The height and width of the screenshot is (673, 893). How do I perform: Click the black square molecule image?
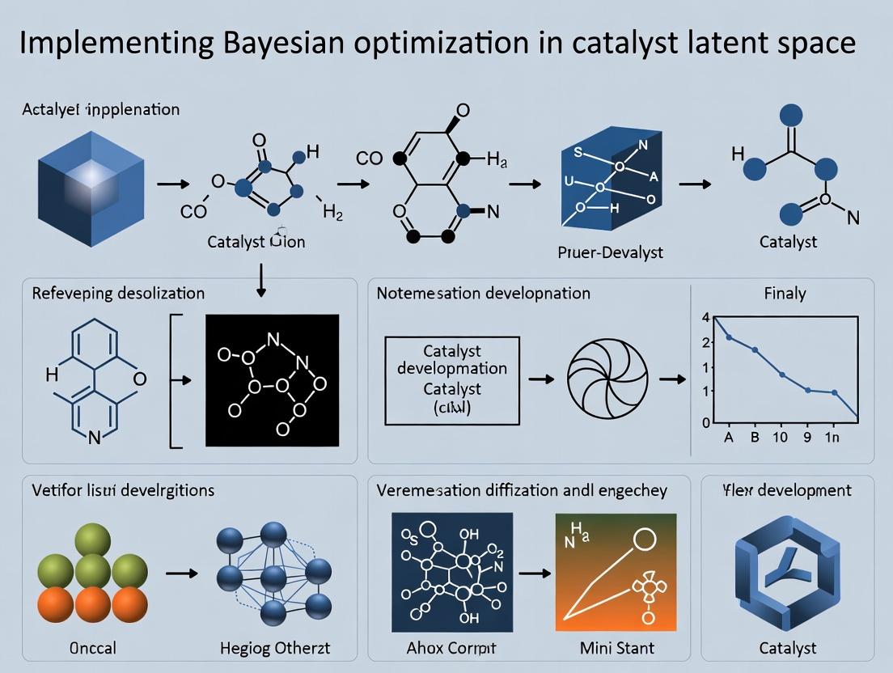(x=271, y=379)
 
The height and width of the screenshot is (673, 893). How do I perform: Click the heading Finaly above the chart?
(x=785, y=293)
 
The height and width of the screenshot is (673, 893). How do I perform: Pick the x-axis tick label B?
(x=755, y=438)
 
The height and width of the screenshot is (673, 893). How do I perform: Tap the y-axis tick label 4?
(x=706, y=317)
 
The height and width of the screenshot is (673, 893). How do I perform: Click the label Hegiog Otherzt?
(x=275, y=648)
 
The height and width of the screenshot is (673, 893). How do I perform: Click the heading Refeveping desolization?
(x=118, y=293)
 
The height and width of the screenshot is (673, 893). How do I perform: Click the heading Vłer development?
(x=786, y=490)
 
